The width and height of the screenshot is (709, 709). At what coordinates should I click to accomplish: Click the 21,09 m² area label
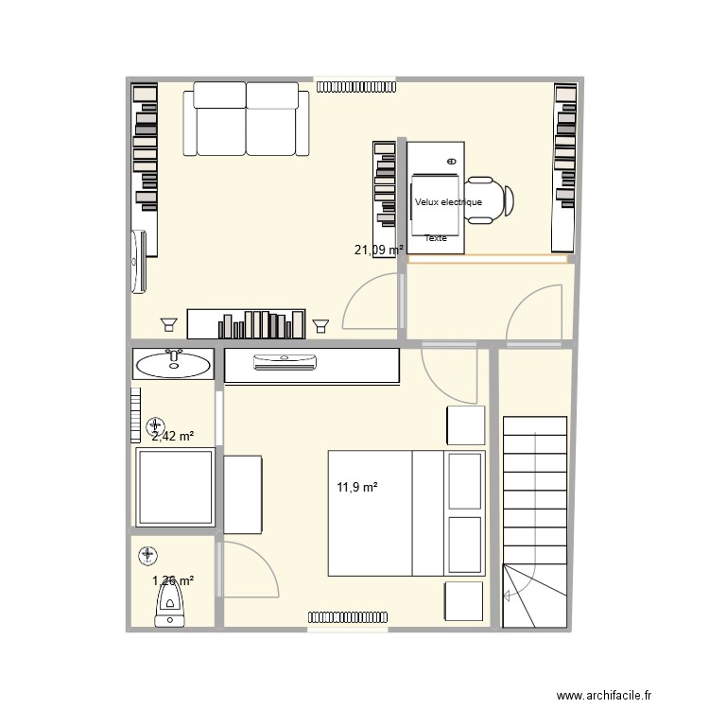click(378, 251)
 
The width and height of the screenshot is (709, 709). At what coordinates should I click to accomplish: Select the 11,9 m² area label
click(357, 488)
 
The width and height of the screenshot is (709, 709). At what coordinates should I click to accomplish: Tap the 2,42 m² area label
click(173, 436)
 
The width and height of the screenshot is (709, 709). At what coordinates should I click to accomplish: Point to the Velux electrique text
click(448, 202)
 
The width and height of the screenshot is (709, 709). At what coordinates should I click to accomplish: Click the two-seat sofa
click(248, 118)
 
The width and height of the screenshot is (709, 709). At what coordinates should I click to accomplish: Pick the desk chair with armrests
click(489, 200)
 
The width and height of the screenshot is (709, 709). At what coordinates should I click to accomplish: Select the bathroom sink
click(173, 364)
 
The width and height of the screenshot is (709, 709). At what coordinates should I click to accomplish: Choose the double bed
click(406, 512)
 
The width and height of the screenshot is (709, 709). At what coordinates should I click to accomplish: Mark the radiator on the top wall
click(354, 86)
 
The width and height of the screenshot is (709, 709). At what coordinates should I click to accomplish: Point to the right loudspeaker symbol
click(320, 324)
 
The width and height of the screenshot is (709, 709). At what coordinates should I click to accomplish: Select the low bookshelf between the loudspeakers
click(247, 323)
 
